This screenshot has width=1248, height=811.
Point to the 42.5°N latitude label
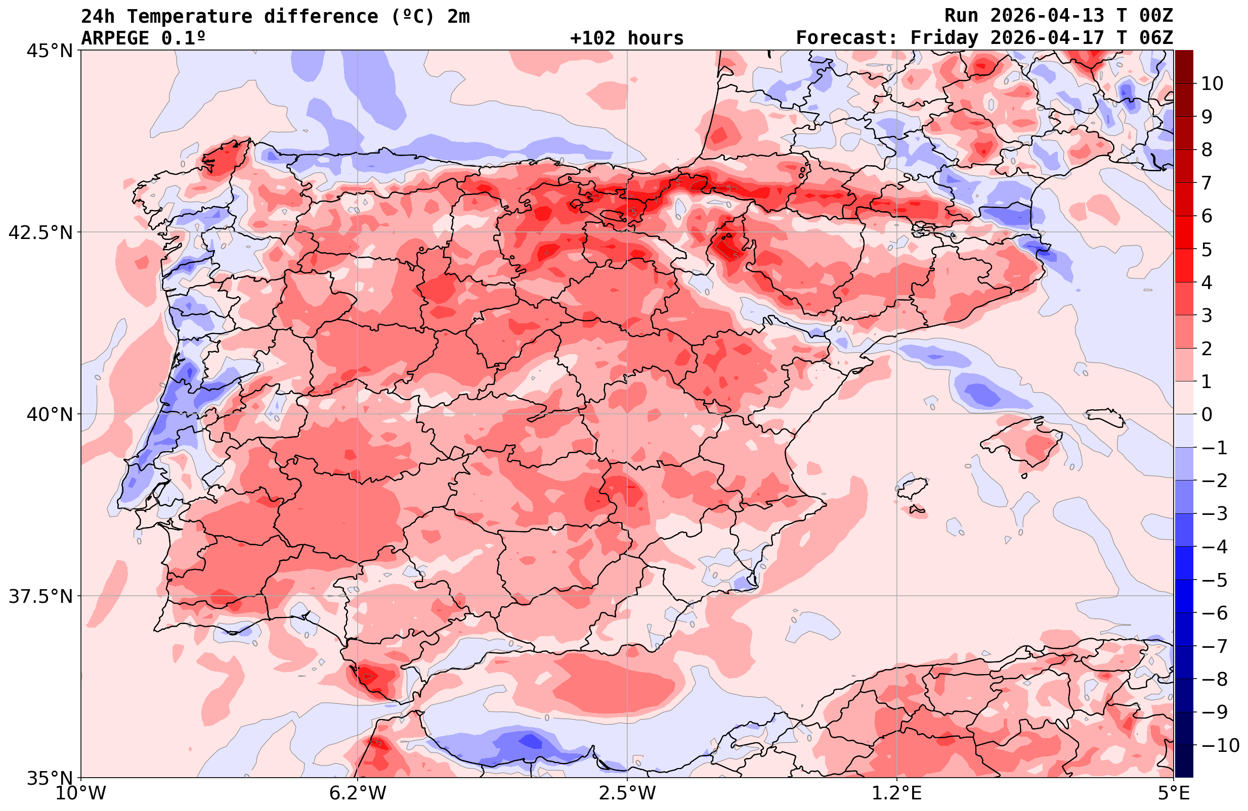pos(40,232)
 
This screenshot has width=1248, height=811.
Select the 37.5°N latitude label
pos(40,596)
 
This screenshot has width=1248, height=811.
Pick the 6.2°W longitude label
pos(357,793)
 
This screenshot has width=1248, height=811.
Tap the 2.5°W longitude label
pos(627,793)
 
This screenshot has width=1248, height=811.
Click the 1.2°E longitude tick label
pos(897,793)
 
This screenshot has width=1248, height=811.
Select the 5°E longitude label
pos(1174,793)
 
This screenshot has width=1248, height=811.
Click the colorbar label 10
pos(1212,83)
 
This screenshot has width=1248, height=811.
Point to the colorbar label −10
pos(1219,744)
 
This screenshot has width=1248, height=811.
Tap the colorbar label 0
pos(1207,414)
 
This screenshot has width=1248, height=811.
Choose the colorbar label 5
pos(1207,250)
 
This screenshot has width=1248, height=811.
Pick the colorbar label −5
pos(1214,580)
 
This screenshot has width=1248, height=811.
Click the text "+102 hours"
pos(627,38)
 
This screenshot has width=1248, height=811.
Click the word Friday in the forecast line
pos(944,38)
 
